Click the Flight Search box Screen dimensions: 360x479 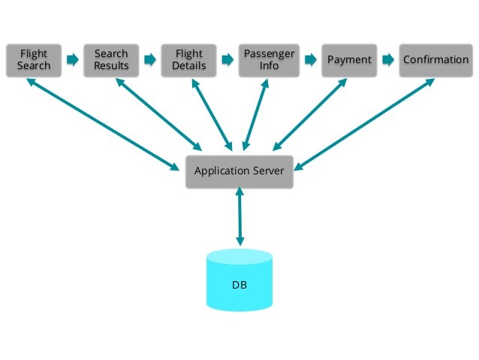pos(34,60)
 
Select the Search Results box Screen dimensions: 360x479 pos(111,60)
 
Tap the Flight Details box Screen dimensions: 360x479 pos(188,60)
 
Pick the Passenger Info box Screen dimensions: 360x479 pos(269,60)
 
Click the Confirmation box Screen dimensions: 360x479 pos(435,60)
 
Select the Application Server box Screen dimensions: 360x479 pos(239,171)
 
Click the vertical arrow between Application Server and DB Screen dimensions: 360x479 pos(239,217)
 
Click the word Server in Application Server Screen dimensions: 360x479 pos(267,171)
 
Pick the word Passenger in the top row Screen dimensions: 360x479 pos(269,54)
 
